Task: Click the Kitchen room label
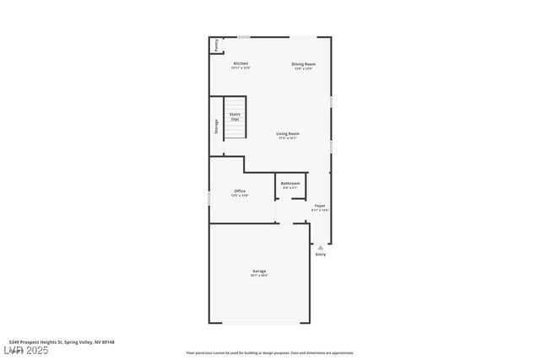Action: (x=240, y=64)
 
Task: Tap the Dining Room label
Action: (x=303, y=64)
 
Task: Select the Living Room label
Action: (x=288, y=133)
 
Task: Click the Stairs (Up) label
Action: (x=235, y=116)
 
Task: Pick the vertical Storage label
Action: (x=216, y=126)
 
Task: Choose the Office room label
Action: (x=240, y=191)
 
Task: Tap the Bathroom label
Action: (x=290, y=183)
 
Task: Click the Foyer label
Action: (x=320, y=206)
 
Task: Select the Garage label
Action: (x=259, y=271)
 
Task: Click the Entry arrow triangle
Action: (x=320, y=247)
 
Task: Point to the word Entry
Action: (x=320, y=254)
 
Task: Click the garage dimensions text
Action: (x=259, y=276)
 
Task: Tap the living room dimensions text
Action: (x=288, y=138)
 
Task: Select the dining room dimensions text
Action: (x=303, y=69)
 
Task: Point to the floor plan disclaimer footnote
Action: (x=269, y=353)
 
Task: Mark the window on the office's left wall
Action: (x=209, y=197)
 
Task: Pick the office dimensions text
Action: (x=240, y=196)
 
